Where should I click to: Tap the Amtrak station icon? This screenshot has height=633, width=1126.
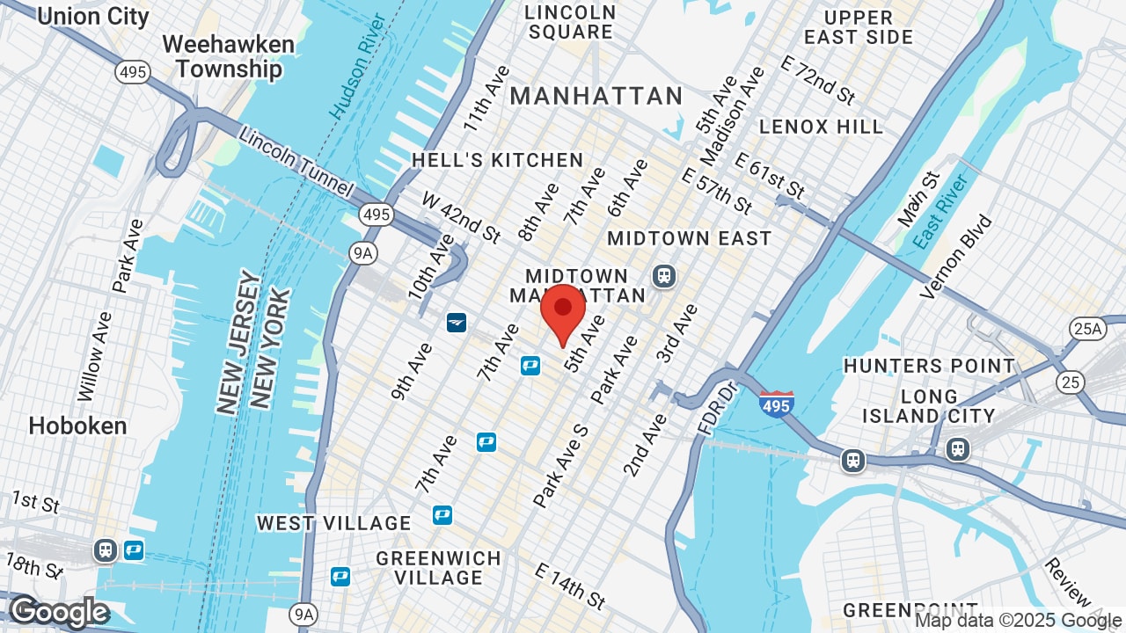coord(456,323)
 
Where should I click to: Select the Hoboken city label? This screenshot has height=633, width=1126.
coord(77,426)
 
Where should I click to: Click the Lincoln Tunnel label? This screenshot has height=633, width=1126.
coord(296,164)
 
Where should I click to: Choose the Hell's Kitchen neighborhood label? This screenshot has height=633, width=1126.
coord(497,160)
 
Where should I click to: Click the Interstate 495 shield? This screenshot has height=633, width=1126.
coord(776,404)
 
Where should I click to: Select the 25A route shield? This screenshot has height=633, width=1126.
coord(1087,329)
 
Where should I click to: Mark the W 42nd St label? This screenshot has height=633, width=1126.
coord(461,216)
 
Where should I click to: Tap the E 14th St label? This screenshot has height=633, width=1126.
coord(570,586)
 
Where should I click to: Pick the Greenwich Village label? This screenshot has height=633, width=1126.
coord(438,568)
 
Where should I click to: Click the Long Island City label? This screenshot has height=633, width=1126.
coord(929,406)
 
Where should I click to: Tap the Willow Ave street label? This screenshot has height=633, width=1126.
coord(96,355)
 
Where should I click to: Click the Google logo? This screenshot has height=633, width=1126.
coord(59,612)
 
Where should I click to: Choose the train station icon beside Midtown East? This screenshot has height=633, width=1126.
coord(663,276)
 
